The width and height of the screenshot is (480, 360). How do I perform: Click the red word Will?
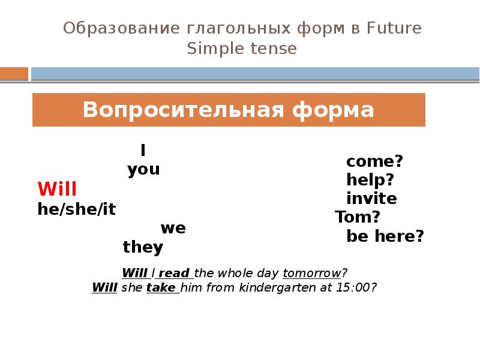click(x=57, y=190)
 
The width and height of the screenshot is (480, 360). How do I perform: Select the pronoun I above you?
click(x=143, y=150)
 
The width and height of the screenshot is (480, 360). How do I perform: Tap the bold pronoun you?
click(x=143, y=170)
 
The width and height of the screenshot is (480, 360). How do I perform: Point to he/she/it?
click(x=76, y=209)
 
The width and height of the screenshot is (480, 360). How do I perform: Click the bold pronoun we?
click(x=173, y=228)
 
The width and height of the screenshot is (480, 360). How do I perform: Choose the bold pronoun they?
click(x=143, y=247)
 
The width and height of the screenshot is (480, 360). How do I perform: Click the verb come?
click(x=374, y=161)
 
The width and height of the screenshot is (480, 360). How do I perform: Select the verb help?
click(x=370, y=180)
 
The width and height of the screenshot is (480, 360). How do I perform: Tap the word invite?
click(x=371, y=199)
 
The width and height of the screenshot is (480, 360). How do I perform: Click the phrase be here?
click(x=385, y=236)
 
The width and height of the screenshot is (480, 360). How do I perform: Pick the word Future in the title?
click(x=394, y=28)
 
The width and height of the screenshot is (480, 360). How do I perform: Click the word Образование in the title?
click(x=113, y=28)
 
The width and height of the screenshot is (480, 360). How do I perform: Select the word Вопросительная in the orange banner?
click(x=182, y=110)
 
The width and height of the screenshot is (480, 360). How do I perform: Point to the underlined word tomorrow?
click(x=311, y=273)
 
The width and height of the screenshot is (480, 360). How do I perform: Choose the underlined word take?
click(x=161, y=287)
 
